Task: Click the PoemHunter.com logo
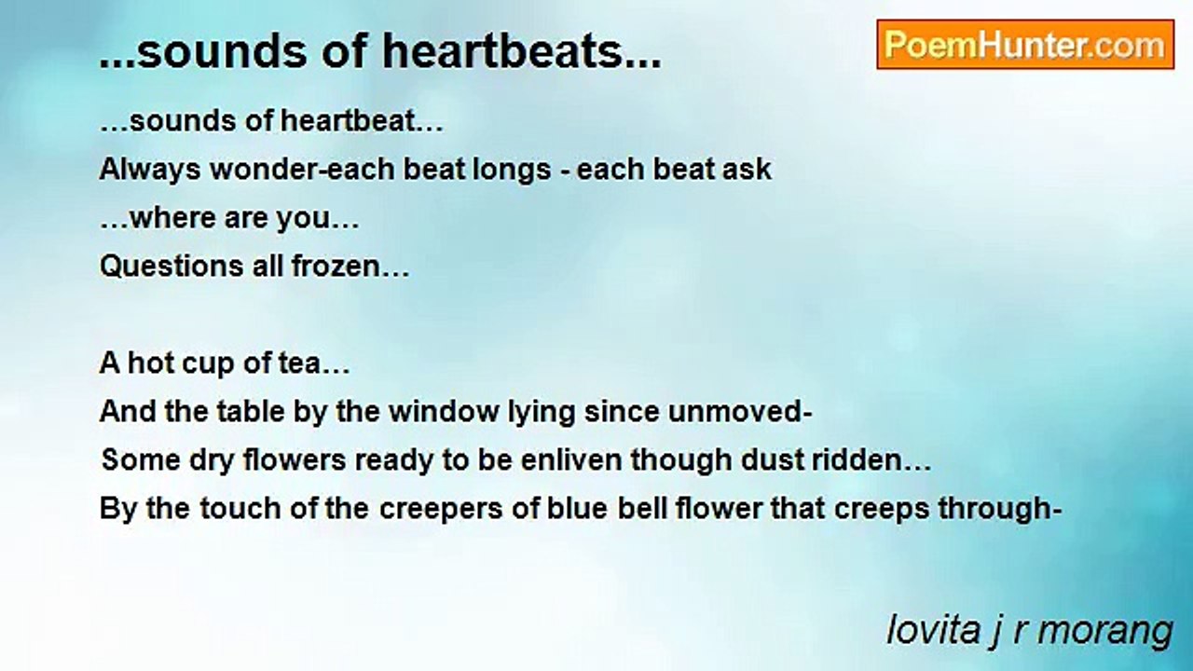tap(1025, 45)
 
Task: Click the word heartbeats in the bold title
tap(502, 54)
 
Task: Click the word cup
tap(208, 363)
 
